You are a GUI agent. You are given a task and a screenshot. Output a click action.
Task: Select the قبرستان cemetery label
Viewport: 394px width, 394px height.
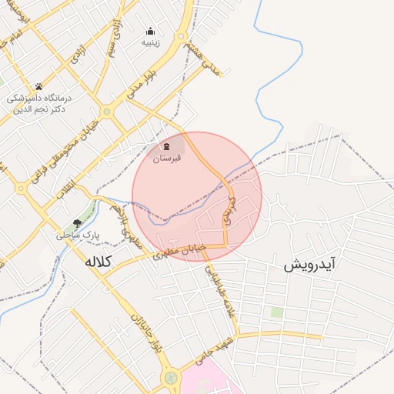(x=167, y=159)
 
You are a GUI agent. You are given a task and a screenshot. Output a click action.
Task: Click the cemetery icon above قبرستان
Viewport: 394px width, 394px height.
(x=167, y=146)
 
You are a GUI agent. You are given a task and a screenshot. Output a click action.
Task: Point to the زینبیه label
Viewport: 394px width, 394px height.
(x=150, y=43)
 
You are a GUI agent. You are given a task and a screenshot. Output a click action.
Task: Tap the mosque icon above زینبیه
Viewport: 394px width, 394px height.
(x=150, y=32)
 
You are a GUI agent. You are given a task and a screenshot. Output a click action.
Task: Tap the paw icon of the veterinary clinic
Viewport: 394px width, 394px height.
(x=38, y=86)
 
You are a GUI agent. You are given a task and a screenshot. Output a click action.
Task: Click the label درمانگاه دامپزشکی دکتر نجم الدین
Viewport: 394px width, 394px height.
(x=38, y=104)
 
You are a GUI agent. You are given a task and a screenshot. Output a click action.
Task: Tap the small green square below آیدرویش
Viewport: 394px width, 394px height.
(x=276, y=312)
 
